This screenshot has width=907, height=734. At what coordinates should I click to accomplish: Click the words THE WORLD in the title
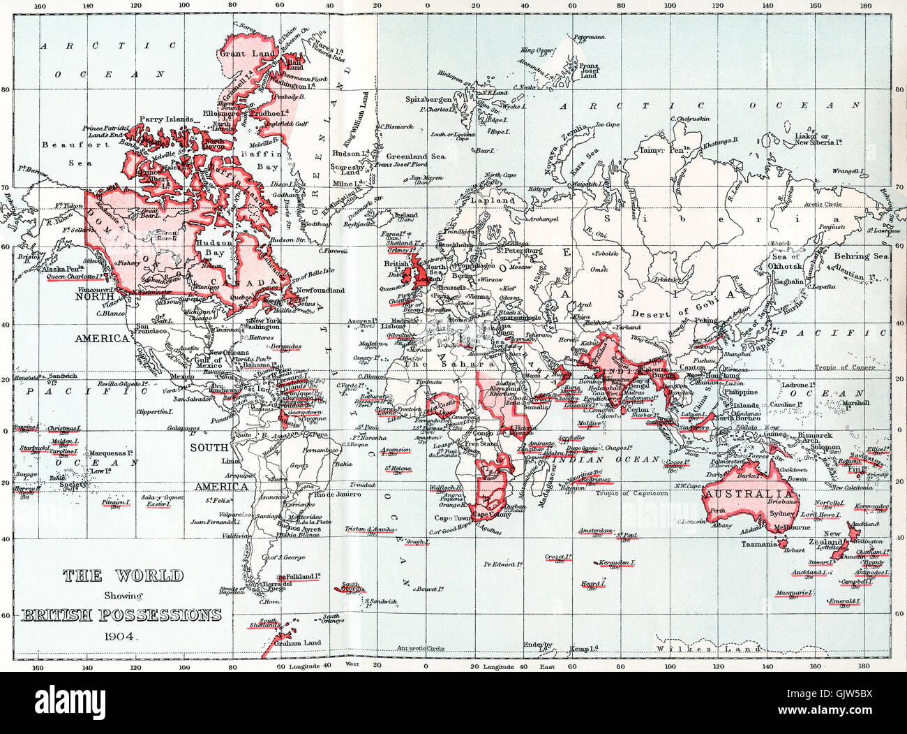pos(123,576)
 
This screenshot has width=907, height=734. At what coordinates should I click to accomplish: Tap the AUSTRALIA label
pos(738,493)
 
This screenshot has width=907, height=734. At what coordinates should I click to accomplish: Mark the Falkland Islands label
pos(303,577)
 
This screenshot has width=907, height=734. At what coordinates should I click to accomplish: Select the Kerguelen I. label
pos(616,562)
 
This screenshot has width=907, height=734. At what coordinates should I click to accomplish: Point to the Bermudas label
pos(286,346)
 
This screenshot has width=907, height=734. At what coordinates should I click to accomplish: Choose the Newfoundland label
pos(320,290)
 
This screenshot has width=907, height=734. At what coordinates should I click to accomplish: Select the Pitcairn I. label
pos(116,501)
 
